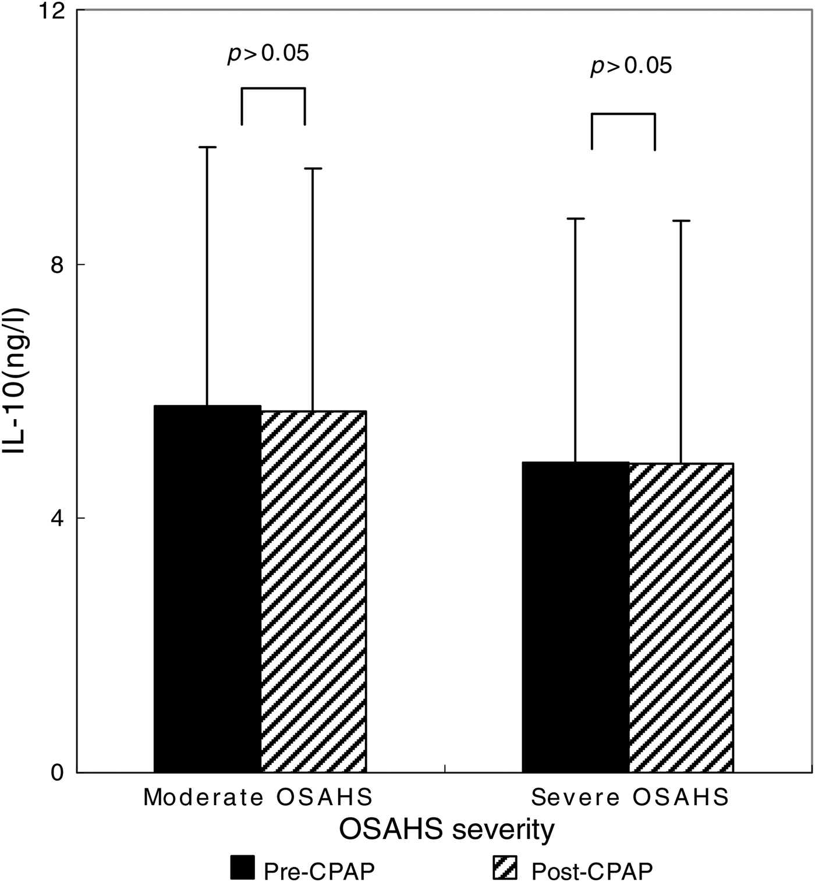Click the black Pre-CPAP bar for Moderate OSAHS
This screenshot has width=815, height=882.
coord(207,588)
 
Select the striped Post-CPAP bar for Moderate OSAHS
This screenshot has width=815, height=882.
coord(313,591)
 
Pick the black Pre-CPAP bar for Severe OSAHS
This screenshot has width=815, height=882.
coord(575,617)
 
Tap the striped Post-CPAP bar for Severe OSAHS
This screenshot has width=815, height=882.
coord(681,617)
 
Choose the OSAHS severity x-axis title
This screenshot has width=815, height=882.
coord(447,830)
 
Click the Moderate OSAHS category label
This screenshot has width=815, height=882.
coord(258,797)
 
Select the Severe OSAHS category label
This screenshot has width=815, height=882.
coord(630,797)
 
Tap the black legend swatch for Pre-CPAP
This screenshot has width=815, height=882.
coord(242,867)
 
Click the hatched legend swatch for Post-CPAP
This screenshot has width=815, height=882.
coord(504,867)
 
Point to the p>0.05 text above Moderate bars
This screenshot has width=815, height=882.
coord(268,54)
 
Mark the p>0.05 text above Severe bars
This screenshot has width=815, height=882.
coord(631,65)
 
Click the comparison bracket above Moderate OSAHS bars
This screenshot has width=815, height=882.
coord(273,89)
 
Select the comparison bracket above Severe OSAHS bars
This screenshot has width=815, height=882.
coord(623,115)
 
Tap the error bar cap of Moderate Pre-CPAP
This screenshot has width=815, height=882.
coord(207,147)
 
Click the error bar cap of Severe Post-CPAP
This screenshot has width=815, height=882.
coord(681,221)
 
